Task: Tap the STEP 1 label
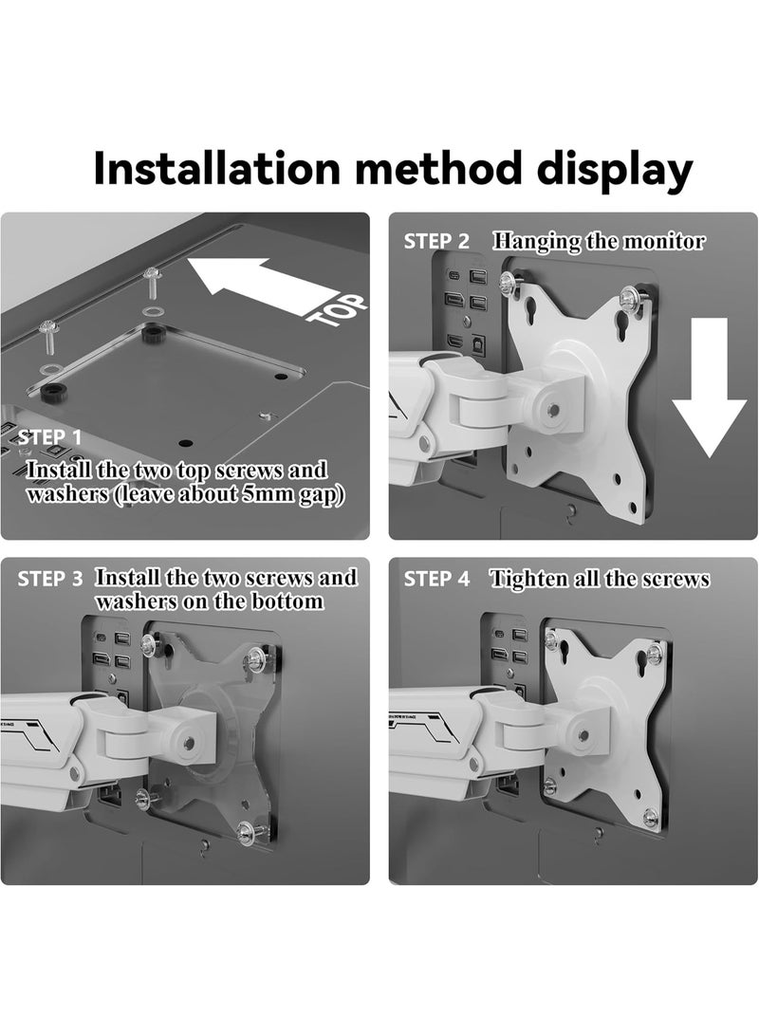click(50, 437)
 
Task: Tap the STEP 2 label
click(437, 241)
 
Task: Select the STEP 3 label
click(50, 578)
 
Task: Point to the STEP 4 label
click(437, 579)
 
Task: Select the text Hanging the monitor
click(599, 241)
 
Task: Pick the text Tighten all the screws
click(600, 579)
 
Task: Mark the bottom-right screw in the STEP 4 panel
click(650, 816)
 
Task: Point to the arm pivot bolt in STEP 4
click(582, 735)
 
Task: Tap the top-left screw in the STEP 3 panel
click(148, 645)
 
